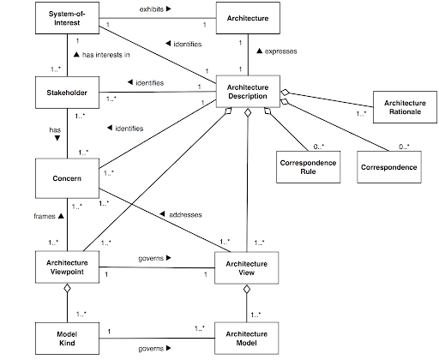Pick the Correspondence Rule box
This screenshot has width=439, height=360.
click(306, 165)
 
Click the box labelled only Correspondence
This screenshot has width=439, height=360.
click(388, 165)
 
